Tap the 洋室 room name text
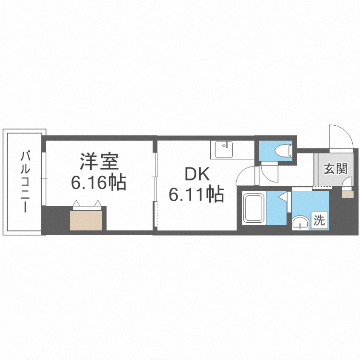(x=99, y=161)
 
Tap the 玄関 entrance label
(x=335, y=169)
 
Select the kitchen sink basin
(x=223, y=150)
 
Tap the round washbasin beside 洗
(x=300, y=223)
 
